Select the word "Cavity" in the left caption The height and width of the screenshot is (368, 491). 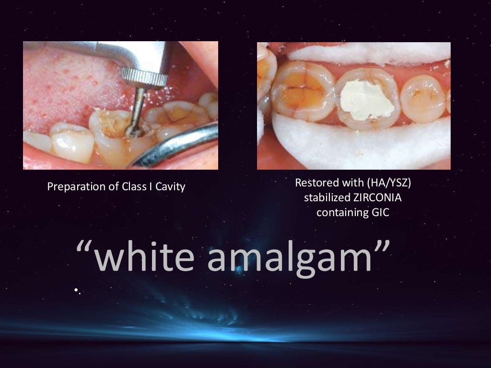coord(171,187)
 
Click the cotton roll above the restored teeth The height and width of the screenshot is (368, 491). coord(364,54)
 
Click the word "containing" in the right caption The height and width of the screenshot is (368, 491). coord(338,212)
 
